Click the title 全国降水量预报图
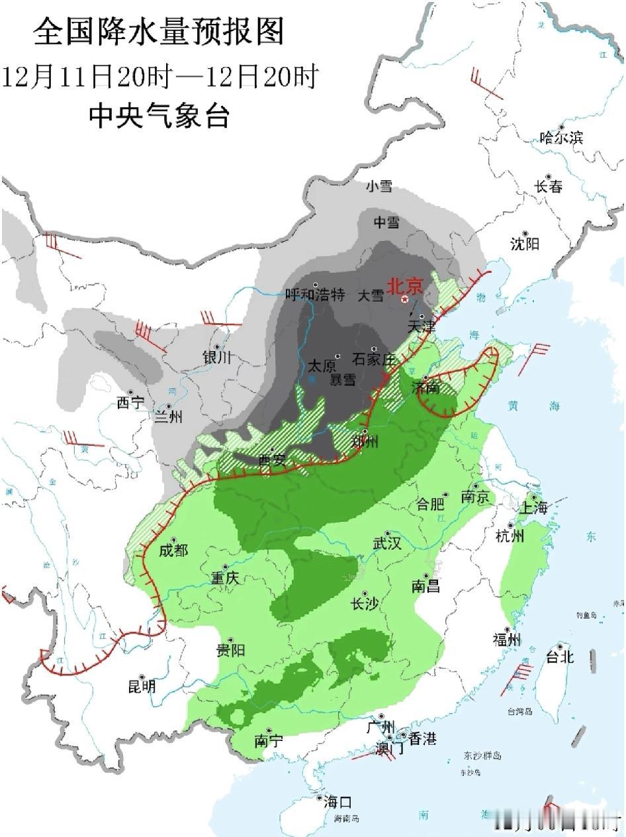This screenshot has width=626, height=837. click(159, 32)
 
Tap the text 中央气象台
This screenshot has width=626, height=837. click(159, 117)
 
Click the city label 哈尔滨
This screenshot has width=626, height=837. click(561, 138)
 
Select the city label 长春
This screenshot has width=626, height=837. click(549, 187)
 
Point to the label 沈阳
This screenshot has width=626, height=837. click(525, 244)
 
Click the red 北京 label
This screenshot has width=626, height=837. click(404, 285)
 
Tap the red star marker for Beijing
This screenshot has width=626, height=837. click(404, 300)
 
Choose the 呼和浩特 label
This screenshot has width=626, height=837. click(315, 295)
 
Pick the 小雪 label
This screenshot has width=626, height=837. click(379, 187)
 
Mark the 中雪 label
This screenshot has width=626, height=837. click(386, 222)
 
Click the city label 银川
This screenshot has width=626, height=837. click(218, 358)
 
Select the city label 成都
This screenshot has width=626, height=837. click(173, 551)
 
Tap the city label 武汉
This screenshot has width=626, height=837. click(387, 544)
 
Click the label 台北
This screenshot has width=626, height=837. click(559, 657)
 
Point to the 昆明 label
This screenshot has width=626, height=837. click(142, 687)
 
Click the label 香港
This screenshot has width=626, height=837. click(422, 739)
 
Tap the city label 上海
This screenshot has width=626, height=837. click(533, 508)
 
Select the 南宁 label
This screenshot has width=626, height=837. click(268, 742)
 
